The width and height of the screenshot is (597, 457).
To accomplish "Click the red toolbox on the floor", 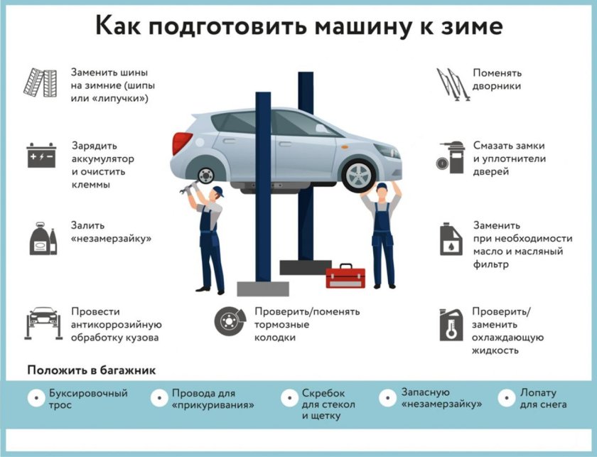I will [345, 276].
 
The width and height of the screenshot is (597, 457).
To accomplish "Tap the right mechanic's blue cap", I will [382, 187].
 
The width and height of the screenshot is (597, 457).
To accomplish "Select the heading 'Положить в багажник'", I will [91, 370].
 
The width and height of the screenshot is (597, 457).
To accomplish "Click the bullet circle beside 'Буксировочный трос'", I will [35, 398].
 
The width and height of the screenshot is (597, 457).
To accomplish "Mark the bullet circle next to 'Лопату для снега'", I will [507, 398].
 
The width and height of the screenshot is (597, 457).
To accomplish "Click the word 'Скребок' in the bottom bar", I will [323, 393].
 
